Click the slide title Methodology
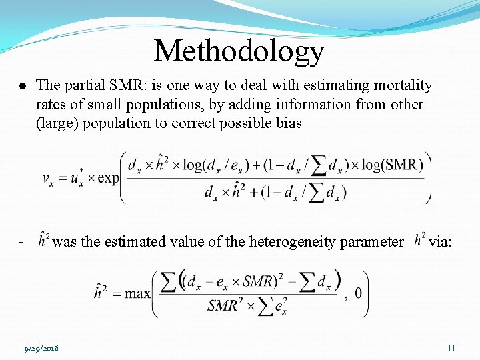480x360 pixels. tap(239, 51)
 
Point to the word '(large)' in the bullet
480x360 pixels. tap(57, 123)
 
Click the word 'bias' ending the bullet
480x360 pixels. tap(288, 123)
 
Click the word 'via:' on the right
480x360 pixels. tap(440, 242)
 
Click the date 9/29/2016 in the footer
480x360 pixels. tap(41, 349)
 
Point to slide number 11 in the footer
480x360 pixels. tap(451, 349)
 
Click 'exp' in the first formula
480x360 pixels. tap(107, 179)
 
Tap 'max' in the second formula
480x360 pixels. tap(137, 293)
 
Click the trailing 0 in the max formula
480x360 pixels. tap(359, 293)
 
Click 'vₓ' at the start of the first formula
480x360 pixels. tap(49, 179)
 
